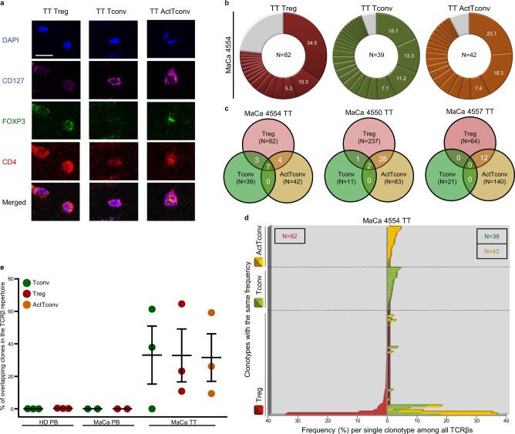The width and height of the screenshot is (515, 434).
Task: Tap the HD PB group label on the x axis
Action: click(45, 423)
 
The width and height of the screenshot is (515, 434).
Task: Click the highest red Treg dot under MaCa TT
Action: click(182, 304)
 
